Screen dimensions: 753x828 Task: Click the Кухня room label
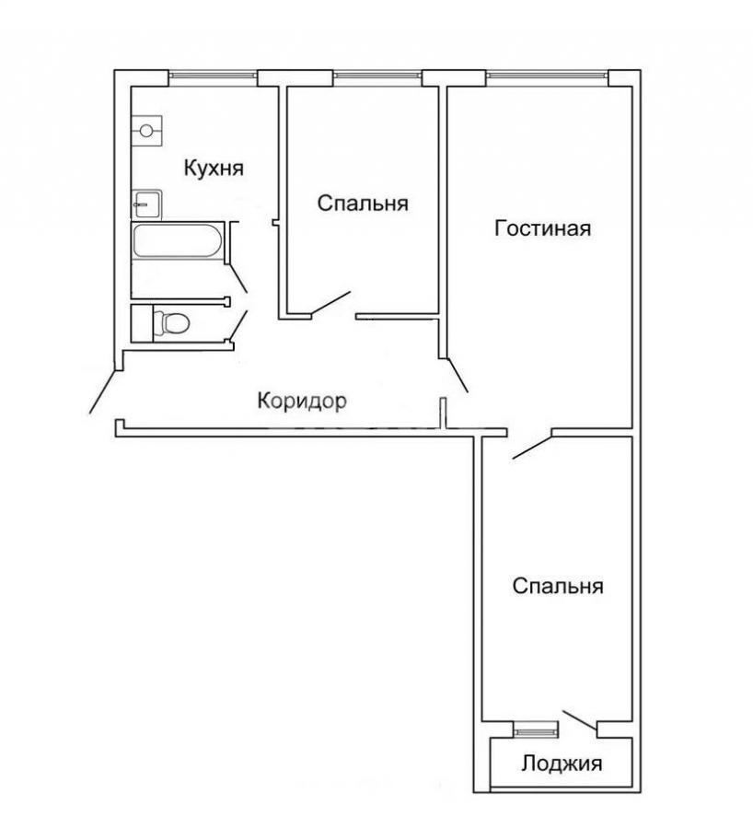[214, 169]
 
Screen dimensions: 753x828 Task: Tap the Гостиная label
[542, 228]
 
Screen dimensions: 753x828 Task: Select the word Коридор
[302, 401]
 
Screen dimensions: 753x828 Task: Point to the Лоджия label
[562, 764]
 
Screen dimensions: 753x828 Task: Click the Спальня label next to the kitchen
[363, 204]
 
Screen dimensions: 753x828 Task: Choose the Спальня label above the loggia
[558, 586]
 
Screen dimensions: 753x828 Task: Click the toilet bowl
[170, 323]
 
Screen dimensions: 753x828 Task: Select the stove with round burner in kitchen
[146, 131]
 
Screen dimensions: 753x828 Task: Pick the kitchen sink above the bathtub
[145, 204]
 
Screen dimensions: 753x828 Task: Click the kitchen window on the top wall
[213, 77]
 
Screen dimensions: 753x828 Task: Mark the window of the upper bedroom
[377, 77]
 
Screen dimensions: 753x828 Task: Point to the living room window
[547, 77]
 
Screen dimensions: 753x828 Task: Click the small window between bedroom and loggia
[536, 730]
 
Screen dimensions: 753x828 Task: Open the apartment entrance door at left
[103, 391]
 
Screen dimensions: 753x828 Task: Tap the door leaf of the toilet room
[238, 325]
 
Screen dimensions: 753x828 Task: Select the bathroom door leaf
[238, 278]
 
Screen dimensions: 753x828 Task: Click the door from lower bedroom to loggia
[581, 721]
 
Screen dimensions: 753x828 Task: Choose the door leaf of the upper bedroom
[330, 305]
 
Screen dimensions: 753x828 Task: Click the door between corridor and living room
[457, 376]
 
